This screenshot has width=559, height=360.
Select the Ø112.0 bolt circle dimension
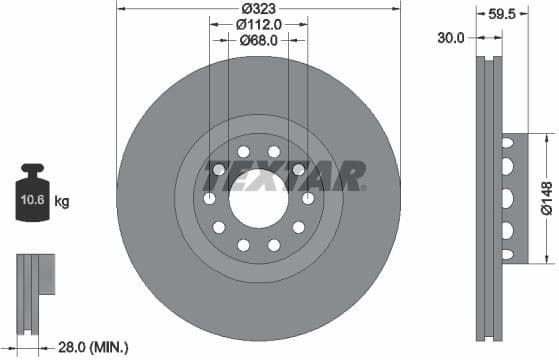click(259, 23)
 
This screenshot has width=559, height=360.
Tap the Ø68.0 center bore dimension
click(259, 40)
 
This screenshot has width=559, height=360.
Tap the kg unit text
click(62, 202)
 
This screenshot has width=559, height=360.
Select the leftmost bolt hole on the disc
click(210, 199)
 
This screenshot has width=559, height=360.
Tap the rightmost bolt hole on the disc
click(307, 199)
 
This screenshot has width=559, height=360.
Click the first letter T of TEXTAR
click(216, 176)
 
